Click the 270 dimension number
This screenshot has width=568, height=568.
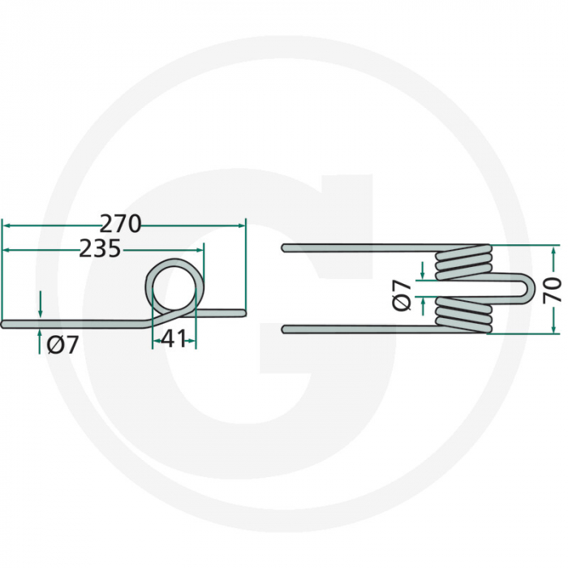(121, 224)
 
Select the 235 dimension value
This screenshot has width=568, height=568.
(100, 249)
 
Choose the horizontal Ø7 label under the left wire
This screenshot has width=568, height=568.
(62, 345)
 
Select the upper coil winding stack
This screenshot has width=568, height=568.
(463, 260)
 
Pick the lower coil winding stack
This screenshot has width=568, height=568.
(463, 315)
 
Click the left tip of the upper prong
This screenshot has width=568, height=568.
(284, 247)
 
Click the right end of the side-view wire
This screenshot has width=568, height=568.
(241, 309)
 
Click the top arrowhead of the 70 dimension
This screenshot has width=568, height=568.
(553, 250)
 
